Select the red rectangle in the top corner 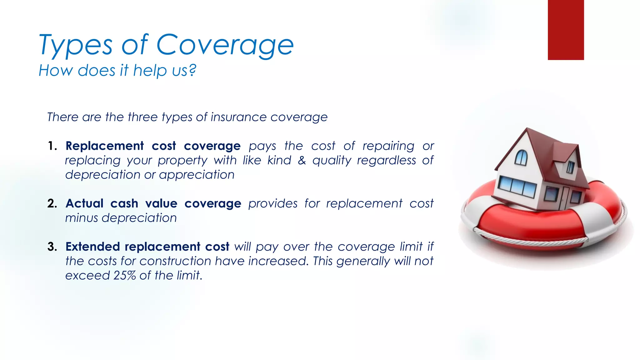coord(566,30)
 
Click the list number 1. coord(52,146)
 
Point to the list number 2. coord(52,203)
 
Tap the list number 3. coord(52,247)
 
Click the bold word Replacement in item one coord(105,146)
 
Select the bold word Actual coord(84,203)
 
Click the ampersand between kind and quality coord(302,160)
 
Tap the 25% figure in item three coord(124,275)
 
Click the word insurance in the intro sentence coord(238,117)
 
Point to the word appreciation coord(197,175)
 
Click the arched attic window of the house coord(521,157)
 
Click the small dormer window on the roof coord(571,167)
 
